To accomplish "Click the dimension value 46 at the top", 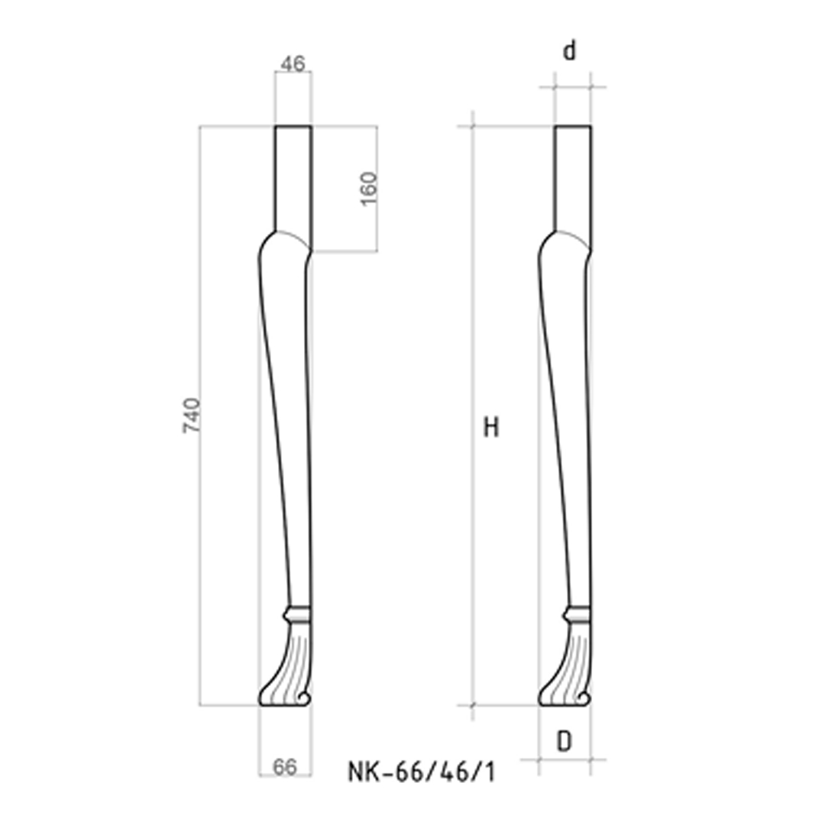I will (x=293, y=64).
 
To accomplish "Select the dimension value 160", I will (x=368, y=188).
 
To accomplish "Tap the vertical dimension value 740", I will (x=191, y=415).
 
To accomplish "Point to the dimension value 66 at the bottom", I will (x=285, y=767).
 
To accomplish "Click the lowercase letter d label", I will (x=570, y=51).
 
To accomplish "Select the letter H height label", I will (x=491, y=428).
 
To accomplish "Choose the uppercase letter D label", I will (x=564, y=741).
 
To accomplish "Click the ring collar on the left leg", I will (x=297, y=613).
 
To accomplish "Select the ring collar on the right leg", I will (x=577, y=613).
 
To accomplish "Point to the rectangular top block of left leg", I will (x=293, y=180).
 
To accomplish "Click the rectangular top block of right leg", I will (x=573, y=180).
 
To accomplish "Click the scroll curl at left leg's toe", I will (x=304, y=698).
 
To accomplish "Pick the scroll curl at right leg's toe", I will (x=584, y=698).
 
